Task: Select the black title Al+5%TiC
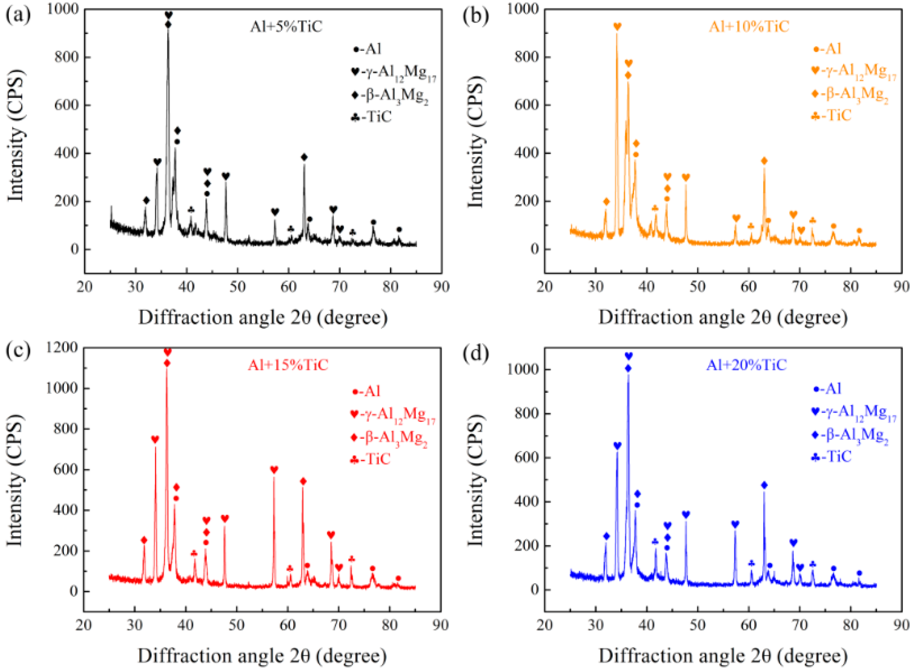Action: (x=286, y=27)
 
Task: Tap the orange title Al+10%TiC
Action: (x=749, y=27)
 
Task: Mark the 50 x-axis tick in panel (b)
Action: (x=697, y=287)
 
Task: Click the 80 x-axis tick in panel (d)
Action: (x=850, y=625)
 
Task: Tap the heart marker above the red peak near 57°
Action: (x=274, y=469)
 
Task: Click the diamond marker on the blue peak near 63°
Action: (x=764, y=485)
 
